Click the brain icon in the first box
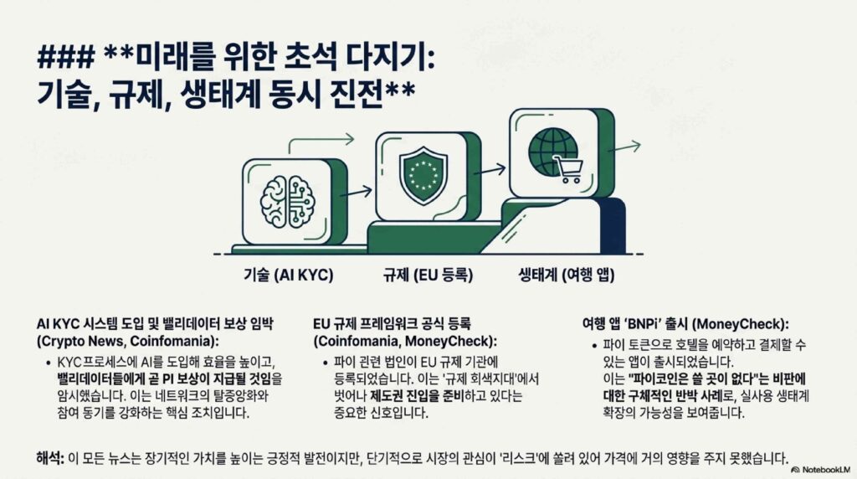click(287, 202)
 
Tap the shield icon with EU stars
click(423, 175)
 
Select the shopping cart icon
click(568, 169)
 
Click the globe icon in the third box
click(552, 151)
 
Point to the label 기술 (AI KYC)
click(288, 275)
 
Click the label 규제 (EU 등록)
click(428, 275)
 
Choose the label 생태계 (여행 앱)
click(567, 275)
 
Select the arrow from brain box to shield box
click(356, 192)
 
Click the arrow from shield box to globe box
click(490, 170)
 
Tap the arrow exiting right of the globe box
click(624, 147)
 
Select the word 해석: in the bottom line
click(50, 458)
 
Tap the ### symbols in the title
click(66, 56)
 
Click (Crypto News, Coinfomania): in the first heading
click(127, 341)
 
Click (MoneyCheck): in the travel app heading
click(740, 324)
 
